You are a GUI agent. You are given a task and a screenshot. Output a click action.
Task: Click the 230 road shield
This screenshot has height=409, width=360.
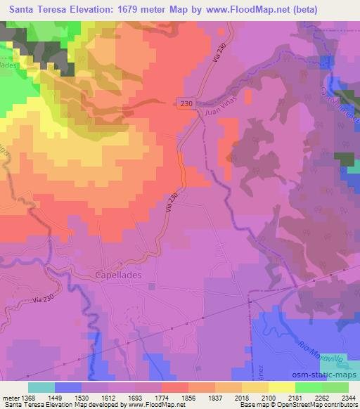pyautogui.click(x=184, y=103)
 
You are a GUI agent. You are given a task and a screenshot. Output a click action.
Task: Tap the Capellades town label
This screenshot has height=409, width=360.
pyautogui.click(x=117, y=275)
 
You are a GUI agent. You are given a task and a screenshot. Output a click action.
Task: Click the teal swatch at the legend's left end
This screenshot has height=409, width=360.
pyautogui.click(x=41, y=387)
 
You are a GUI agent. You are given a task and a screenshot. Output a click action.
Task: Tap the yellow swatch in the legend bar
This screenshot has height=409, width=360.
pyautogui.click(x=282, y=387)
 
